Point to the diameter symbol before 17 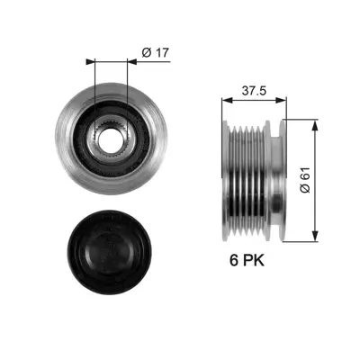click(146, 53)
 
